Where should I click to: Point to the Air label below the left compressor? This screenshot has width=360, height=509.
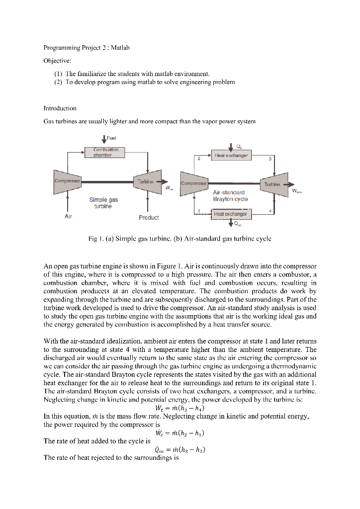pyautogui.click(x=68, y=217)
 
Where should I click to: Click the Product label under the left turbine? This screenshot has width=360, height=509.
pyautogui.click(x=149, y=217)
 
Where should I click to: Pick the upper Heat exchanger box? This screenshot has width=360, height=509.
pyautogui.click(x=232, y=156)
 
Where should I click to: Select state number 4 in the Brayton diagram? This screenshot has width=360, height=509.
pyautogui.click(x=269, y=211)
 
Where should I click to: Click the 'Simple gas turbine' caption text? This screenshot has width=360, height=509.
pyautogui.click(x=103, y=203)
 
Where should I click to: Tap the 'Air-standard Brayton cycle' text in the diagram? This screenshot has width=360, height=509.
pyautogui.click(x=229, y=195)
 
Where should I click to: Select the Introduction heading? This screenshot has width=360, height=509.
pyautogui.click(x=60, y=108)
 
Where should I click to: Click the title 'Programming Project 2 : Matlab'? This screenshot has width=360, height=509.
pyautogui.click(x=87, y=48)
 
